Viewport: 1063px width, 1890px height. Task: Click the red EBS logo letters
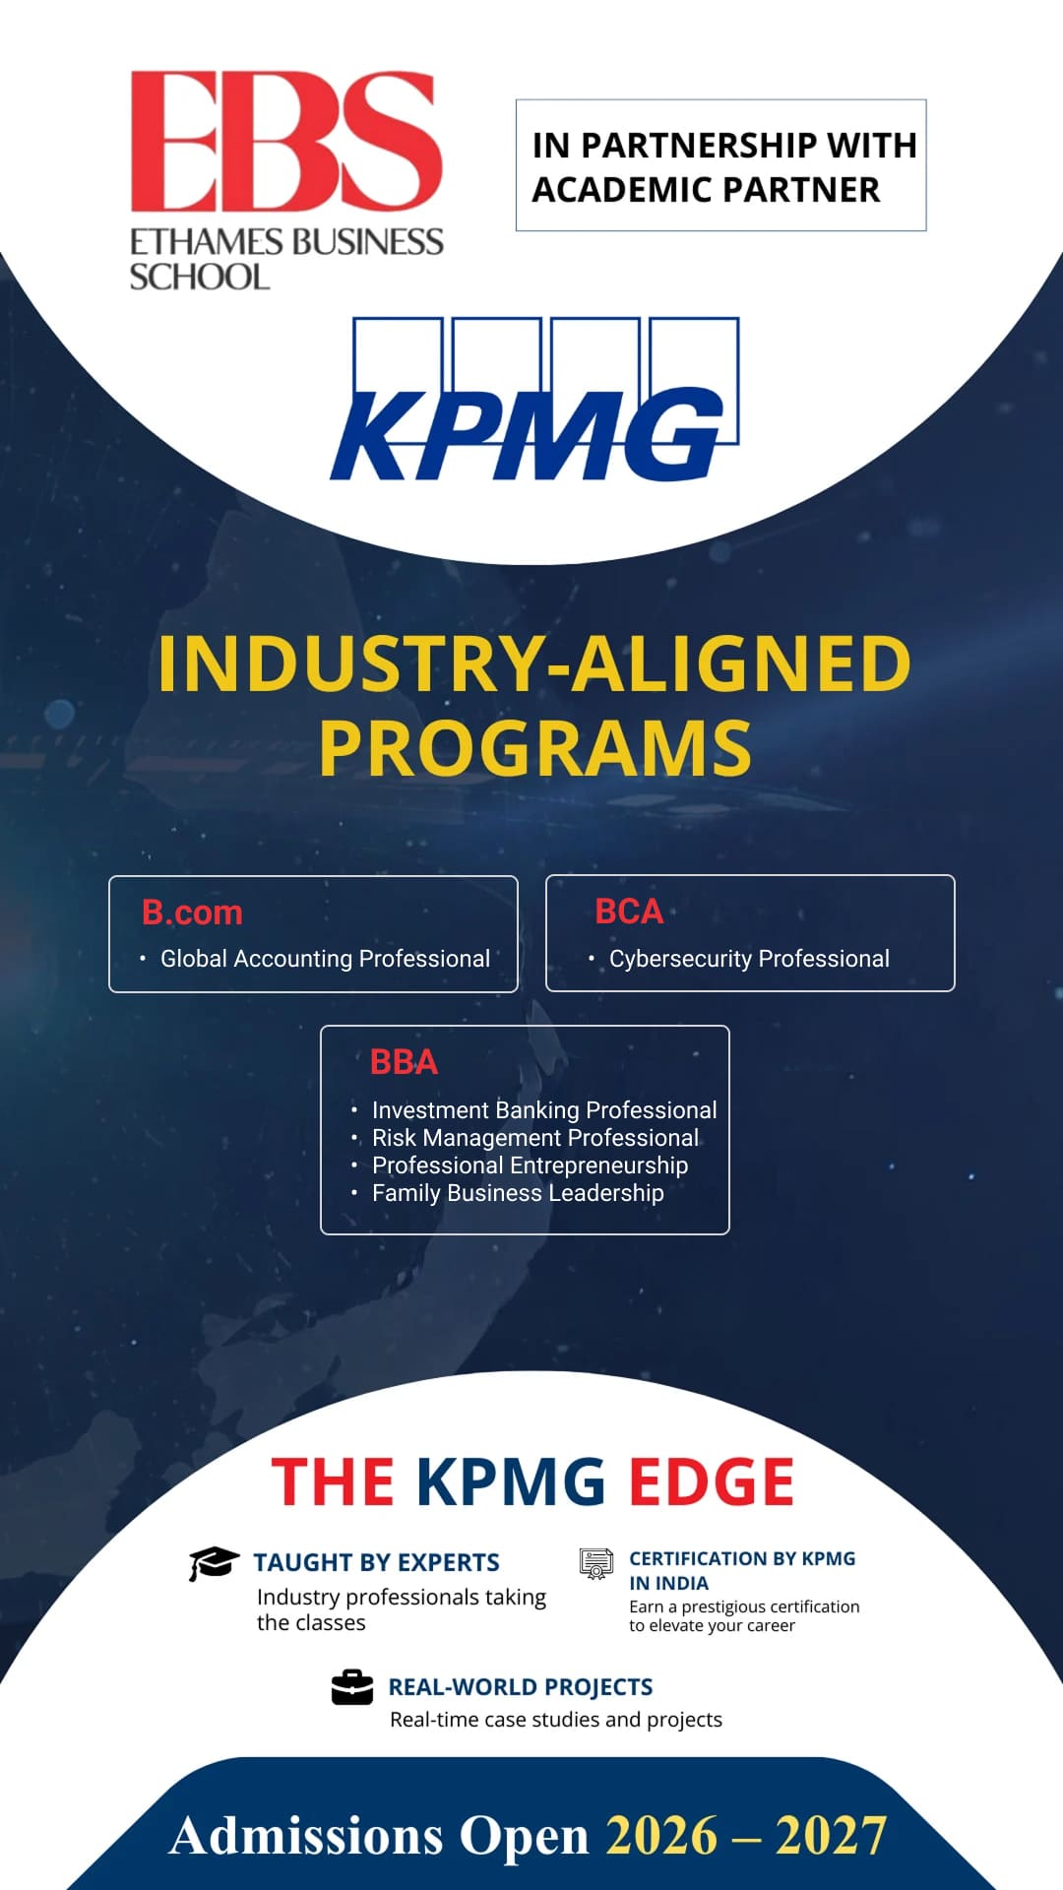[286, 141]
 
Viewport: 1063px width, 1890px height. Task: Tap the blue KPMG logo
[534, 399]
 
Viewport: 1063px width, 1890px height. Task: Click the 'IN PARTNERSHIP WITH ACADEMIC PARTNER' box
[721, 165]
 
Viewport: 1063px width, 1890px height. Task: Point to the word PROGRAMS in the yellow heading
[535, 748]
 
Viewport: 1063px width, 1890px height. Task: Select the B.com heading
[192, 913]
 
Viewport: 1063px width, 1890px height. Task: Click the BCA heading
[629, 912]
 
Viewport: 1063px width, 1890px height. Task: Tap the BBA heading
[404, 1062]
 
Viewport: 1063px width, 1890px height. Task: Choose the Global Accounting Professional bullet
[325, 959]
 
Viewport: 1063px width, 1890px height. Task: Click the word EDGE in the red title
[712, 1482]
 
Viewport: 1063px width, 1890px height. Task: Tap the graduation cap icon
[214, 1563]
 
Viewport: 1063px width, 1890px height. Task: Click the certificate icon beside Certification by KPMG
[596, 1564]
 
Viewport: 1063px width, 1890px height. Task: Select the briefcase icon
[352, 1687]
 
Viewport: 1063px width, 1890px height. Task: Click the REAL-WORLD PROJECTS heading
[521, 1687]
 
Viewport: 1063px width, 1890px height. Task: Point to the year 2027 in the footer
[832, 1837]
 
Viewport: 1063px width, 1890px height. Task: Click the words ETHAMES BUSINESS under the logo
[286, 242]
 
